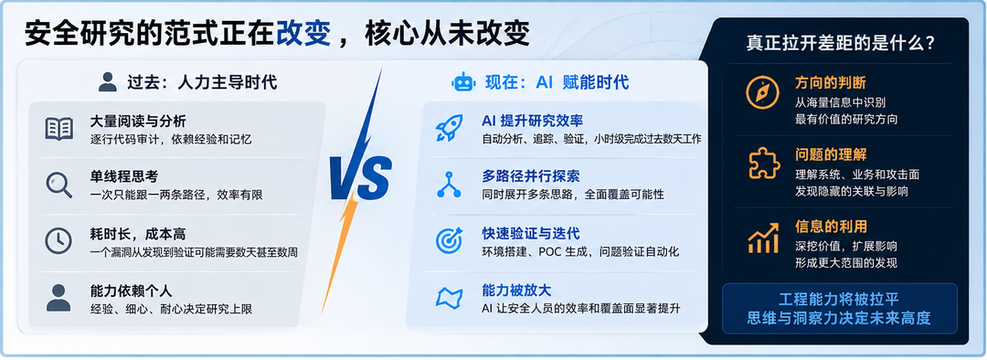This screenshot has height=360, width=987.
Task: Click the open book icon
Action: click(x=59, y=129)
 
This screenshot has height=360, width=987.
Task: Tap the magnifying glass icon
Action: click(x=59, y=185)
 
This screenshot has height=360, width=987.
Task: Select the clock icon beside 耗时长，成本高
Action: click(x=58, y=240)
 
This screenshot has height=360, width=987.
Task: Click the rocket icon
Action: click(x=450, y=128)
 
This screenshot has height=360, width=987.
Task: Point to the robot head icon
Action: click(x=464, y=82)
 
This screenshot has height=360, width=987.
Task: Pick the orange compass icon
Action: click(x=762, y=93)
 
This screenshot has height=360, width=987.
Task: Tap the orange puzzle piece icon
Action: click(x=763, y=164)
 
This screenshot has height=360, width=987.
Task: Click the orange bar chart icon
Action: click(x=763, y=238)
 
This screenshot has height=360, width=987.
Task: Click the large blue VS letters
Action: click(x=361, y=178)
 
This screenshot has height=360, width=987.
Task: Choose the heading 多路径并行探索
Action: click(x=531, y=175)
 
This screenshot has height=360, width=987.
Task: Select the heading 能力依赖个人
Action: click(x=131, y=291)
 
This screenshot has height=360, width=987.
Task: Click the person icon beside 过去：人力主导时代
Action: click(x=108, y=82)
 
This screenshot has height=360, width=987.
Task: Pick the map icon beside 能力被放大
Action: click(x=450, y=297)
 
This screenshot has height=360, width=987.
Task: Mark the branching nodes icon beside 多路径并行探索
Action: click(x=450, y=184)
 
